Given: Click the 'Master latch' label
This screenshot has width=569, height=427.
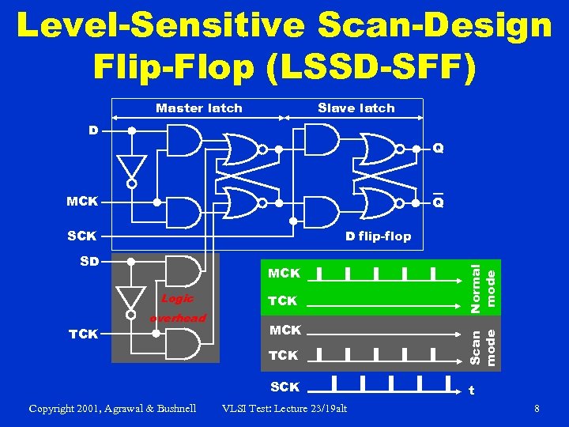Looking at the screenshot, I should [x=199, y=108].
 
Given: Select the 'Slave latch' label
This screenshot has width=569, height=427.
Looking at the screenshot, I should [x=356, y=108].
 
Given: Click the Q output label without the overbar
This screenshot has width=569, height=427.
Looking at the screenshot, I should [x=437, y=148].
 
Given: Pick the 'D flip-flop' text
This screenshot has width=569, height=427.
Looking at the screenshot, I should [x=378, y=236].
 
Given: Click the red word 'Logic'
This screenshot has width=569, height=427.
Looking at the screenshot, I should [x=177, y=299].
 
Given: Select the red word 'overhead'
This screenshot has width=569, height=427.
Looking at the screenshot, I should [x=178, y=318].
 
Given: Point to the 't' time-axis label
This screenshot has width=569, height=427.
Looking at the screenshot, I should [x=472, y=390].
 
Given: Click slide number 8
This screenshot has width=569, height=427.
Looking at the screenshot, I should [x=537, y=409].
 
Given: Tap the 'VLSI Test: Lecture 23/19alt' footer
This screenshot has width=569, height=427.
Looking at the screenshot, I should [x=285, y=409].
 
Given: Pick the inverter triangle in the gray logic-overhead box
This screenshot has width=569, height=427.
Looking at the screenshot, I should [x=132, y=297].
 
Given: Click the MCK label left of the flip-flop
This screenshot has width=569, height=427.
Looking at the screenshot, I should [x=82, y=202].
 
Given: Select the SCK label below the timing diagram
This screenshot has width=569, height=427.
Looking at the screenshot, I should [x=284, y=387].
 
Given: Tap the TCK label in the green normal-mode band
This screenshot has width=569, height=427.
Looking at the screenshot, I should [x=283, y=301].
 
